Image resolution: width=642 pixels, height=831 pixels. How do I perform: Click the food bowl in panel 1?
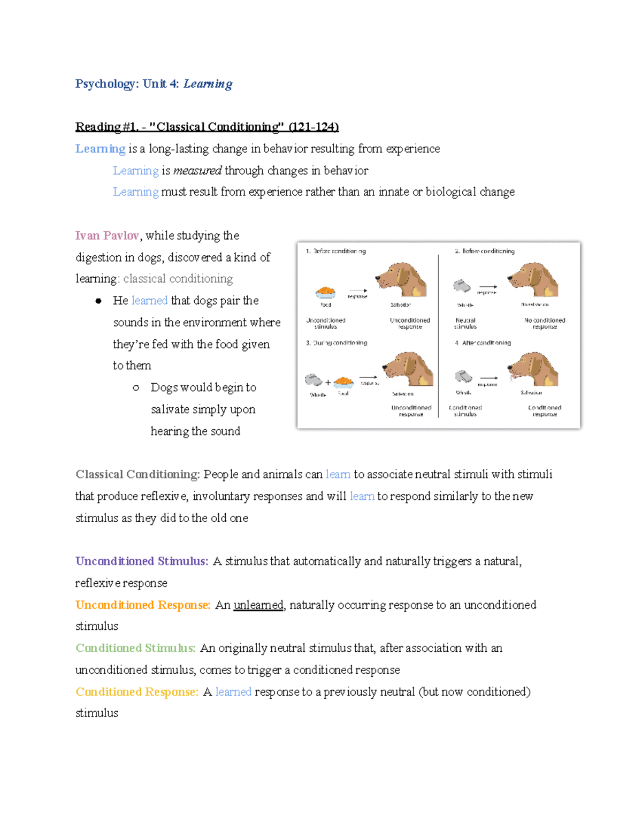325,292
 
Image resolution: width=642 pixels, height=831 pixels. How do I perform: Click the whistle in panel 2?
461,286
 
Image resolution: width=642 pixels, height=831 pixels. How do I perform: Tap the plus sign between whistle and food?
328,383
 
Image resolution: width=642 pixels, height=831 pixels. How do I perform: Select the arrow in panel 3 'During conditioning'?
368,377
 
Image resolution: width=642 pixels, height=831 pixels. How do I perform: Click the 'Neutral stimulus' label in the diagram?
465,323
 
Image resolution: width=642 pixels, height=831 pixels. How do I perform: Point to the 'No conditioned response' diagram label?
545,323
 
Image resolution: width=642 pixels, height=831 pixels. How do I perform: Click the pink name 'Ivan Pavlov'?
107,235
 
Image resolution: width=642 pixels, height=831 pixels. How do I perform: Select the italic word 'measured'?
197,170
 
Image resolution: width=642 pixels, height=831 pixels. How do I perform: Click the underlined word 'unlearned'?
258,605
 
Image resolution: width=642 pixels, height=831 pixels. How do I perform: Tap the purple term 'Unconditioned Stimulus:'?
142,561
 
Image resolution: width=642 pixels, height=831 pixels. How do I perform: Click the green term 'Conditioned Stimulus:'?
135,648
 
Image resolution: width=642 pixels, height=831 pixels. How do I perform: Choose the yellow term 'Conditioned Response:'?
137,691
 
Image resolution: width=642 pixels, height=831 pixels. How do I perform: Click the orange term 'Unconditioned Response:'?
143,605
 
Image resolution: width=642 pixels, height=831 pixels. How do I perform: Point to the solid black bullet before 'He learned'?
98,301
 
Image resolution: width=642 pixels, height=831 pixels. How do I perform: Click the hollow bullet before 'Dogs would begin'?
136,387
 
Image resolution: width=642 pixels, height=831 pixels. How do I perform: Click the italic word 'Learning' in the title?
208,84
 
